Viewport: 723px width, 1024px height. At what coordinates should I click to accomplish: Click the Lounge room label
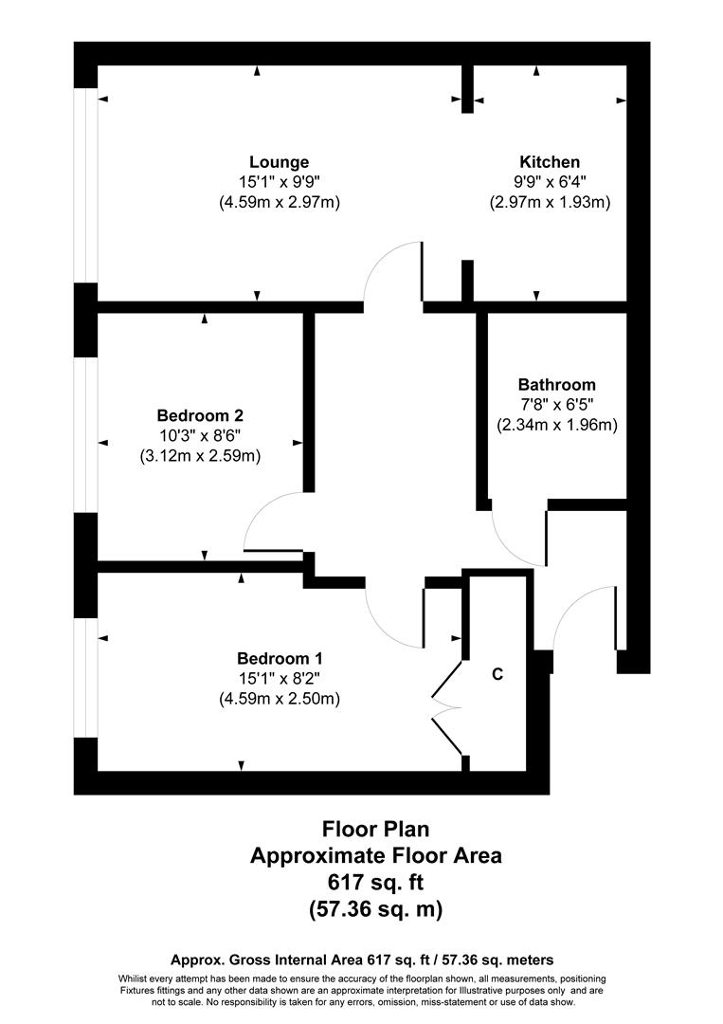[x=279, y=162]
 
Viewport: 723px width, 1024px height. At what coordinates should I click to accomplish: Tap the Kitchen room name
[x=549, y=162]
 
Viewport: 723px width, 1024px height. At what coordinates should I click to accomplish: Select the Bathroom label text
[x=556, y=385]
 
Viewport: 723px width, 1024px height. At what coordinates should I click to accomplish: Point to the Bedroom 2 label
[x=200, y=415]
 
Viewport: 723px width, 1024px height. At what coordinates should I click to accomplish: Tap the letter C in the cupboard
[x=496, y=675]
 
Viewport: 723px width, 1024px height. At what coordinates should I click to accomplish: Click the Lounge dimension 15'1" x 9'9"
[x=279, y=182]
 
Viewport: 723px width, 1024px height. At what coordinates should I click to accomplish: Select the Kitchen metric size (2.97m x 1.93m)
[x=549, y=202]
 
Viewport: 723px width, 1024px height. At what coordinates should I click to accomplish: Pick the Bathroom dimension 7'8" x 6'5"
[x=556, y=405]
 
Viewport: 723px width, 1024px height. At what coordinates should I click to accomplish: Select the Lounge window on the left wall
[x=88, y=185]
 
